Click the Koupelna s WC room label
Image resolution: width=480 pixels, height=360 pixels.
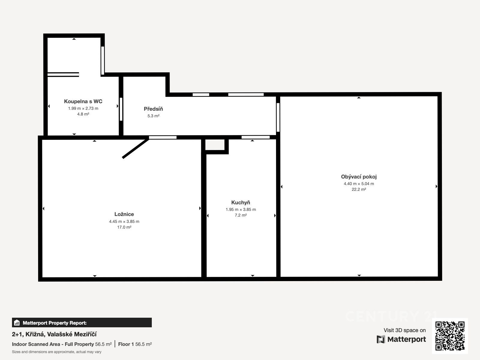click(83, 101)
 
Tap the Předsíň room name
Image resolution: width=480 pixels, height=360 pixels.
click(153, 109)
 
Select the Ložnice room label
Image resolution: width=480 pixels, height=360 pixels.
click(124, 214)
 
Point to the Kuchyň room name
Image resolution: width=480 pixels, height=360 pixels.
click(241, 202)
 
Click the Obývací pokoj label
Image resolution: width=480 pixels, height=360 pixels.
click(358, 177)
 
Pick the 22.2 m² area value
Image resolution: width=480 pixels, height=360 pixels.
click(358, 189)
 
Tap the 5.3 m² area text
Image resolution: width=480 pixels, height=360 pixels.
click(153, 116)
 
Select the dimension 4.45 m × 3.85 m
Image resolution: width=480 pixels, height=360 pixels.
click(124, 221)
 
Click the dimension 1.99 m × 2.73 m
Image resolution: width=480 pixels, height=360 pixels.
click(83, 108)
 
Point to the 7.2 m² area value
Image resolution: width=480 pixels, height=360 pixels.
click(241, 215)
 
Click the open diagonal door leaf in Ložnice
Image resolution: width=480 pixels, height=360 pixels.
click(135, 148)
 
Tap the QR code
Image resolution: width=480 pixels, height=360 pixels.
click(450, 336)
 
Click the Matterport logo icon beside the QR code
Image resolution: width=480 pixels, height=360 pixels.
click(381, 339)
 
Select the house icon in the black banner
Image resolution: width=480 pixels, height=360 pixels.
click(17, 322)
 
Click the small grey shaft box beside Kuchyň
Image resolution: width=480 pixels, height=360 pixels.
click(215, 145)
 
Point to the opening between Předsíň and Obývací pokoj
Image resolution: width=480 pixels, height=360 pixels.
click(278, 117)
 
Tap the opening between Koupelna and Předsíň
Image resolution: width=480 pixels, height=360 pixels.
click(121, 109)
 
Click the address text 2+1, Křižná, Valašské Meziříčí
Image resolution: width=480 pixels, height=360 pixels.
click(54, 334)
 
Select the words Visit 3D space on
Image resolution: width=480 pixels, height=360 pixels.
click(405, 330)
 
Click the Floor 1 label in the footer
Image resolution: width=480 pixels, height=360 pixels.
click(126, 344)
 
